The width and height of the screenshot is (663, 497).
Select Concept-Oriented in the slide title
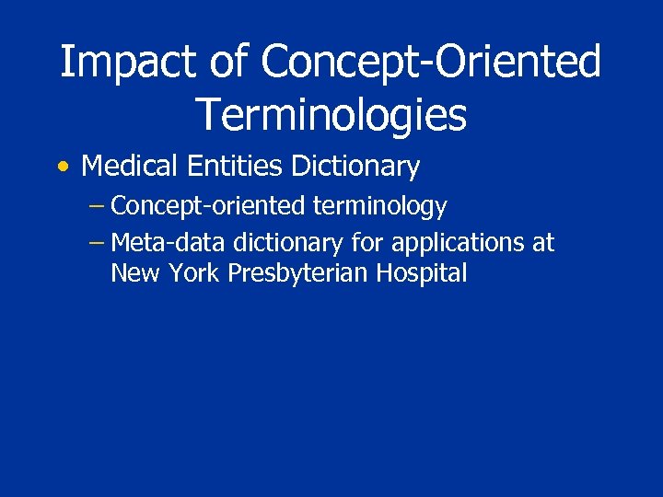click(431, 63)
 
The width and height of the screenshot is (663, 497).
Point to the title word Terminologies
click(331, 114)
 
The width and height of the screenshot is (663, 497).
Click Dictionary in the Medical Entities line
click(355, 168)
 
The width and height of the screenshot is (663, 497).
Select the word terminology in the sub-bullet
click(380, 207)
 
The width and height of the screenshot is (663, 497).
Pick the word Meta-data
click(169, 243)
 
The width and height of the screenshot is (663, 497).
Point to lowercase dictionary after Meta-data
click(287, 243)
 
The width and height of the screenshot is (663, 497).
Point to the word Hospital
click(423, 274)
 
